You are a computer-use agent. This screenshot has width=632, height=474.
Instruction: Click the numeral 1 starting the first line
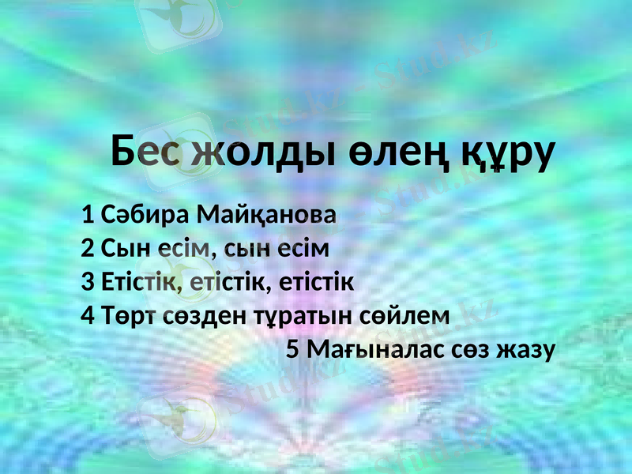point(88,214)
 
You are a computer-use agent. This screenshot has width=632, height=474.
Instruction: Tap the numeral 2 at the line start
point(88,248)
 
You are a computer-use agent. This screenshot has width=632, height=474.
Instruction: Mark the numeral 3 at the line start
point(88,281)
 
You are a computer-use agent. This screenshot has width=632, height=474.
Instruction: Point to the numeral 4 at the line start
point(88,315)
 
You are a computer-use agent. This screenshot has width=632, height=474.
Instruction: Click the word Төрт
point(129,315)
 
